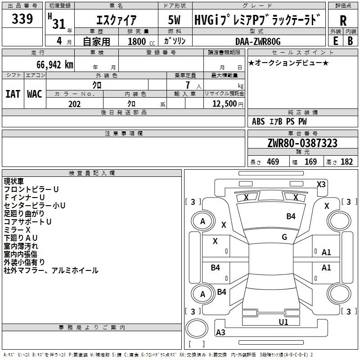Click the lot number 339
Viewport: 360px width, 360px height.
pos(22,18)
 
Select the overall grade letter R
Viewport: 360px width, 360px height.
pos(343,20)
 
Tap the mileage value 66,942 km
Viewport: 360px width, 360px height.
pos(55,65)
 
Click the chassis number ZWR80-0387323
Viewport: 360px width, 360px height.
pos(302,143)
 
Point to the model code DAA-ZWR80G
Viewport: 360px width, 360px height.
pos(258,41)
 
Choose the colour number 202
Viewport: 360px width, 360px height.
pos(74,104)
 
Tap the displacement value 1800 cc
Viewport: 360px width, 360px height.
pos(141,41)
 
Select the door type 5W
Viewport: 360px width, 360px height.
pos(174,20)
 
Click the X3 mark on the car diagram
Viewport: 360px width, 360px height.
pos(321,184)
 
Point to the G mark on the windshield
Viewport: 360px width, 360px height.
pos(284,237)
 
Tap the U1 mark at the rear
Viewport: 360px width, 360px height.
pos(283,322)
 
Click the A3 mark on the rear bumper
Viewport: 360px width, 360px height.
pos(220,332)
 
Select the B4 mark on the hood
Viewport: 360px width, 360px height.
pos(291,216)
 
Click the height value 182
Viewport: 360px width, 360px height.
pos(346,162)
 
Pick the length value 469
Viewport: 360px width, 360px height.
pos(273,162)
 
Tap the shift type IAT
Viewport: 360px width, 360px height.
pos(13,94)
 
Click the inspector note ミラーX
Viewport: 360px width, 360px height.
pos(17,230)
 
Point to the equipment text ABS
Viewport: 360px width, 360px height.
pos(258,121)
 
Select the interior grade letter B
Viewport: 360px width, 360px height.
pos(350,41)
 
